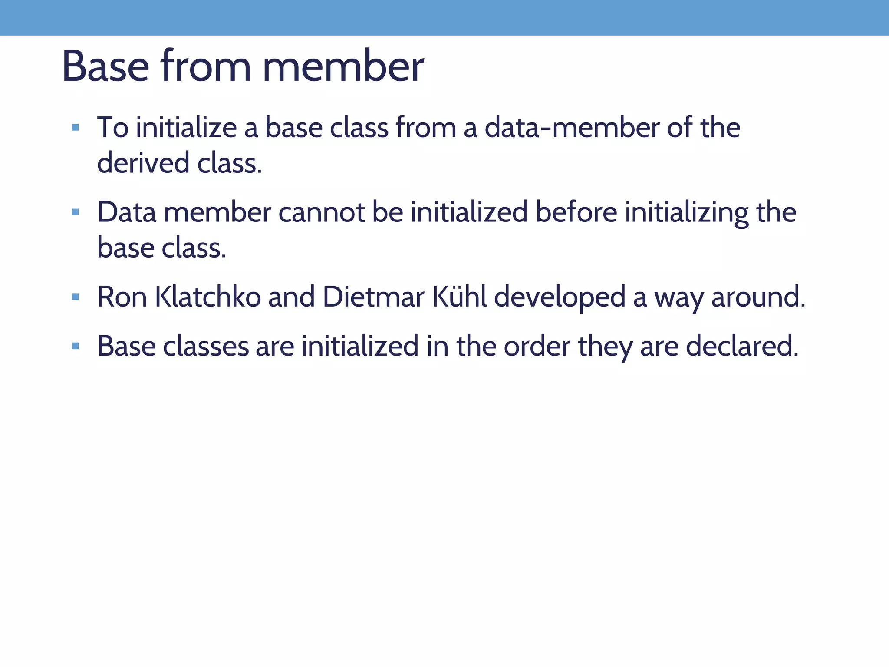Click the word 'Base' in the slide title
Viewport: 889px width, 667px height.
[105, 66]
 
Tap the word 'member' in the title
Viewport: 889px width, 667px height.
[343, 66]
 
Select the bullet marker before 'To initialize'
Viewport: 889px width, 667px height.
[76, 128]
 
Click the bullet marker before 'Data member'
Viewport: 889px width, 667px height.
[76, 212]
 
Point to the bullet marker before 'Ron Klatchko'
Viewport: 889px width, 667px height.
[76, 297]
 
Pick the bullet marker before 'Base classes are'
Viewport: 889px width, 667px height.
[76, 346]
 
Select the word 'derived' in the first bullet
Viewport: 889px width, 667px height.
[143, 163]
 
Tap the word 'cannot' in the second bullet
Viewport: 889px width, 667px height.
[321, 212]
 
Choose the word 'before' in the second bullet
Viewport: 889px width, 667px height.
[576, 212]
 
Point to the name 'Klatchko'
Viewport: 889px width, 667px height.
[208, 297]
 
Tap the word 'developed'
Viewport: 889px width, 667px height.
[560, 298]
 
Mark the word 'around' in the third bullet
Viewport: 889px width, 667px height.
[758, 297]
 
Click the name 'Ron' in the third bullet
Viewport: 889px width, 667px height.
[122, 297]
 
